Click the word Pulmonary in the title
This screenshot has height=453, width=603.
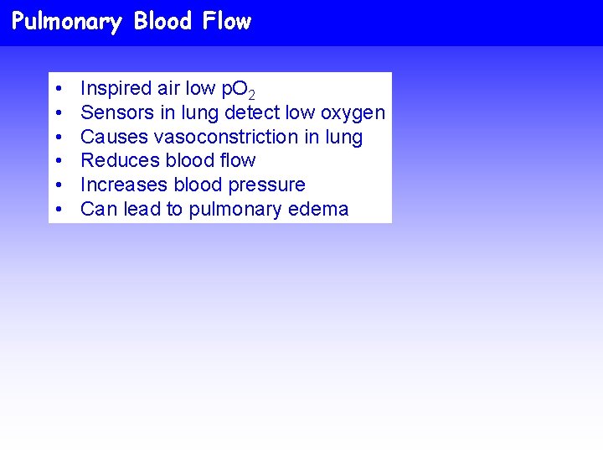pyautogui.click(x=67, y=21)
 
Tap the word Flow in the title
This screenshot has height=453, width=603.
pyautogui.click(x=226, y=21)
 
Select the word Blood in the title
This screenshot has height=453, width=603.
pyautogui.click(x=162, y=21)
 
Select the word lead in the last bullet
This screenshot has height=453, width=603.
pyautogui.click(x=142, y=209)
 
